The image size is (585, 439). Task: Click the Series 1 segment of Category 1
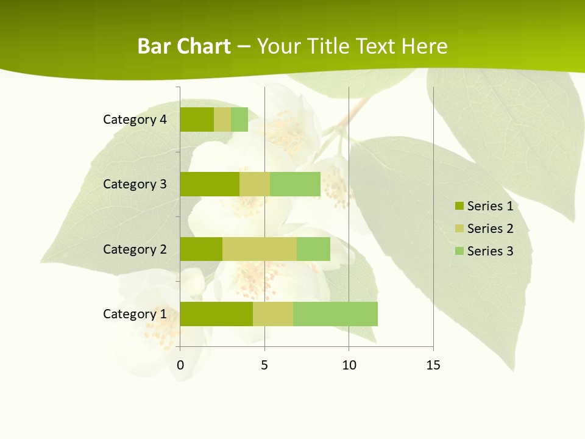pyautogui.click(x=216, y=314)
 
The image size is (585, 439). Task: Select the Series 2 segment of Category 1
pyautogui.click(x=273, y=314)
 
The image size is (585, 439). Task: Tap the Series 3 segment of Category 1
pyautogui.click(x=335, y=314)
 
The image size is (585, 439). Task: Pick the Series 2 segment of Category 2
pyautogui.click(x=260, y=249)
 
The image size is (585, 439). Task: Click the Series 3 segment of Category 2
pyautogui.click(x=313, y=249)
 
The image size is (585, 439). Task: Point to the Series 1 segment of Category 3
pyautogui.click(x=210, y=184)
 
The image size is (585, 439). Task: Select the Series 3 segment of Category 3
pyautogui.click(x=295, y=184)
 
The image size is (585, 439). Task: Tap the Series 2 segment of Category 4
pyautogui.click(x=222, y=120)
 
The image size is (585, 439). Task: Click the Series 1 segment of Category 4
pyautogui.click(x=197, y=120)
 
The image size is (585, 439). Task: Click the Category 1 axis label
pyautogui.click(x=135, y=314)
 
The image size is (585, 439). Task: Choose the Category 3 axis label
pyautogui.click(x=135, y=184)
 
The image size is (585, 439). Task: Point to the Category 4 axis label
pyautogui.click(x=135, y=120)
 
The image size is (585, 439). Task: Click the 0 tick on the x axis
pyautogui.click(x=180, y=365)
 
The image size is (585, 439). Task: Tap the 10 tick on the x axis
pyautogui.click(x=349, y=365)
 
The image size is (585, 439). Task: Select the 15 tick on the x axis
pyautogui.click(x=433, y=365)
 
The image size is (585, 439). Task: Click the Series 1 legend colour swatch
pyautogui.click(x=459, y=206)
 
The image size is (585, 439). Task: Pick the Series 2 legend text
pyautogui.click(x=490, y=229)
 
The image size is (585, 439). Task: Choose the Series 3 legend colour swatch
pyautogui.click(x=459, y=251)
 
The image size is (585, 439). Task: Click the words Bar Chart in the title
pyautogui.click(x=184, y=46)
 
